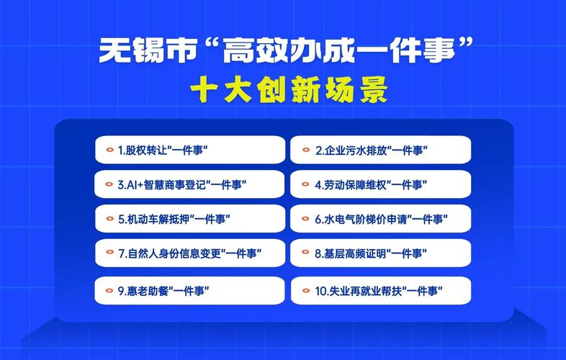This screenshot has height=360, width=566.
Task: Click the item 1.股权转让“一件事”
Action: coord(190,150)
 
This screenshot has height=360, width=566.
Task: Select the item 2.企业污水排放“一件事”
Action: coord(380,150)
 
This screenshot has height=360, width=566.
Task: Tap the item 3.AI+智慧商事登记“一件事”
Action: coord(190,184)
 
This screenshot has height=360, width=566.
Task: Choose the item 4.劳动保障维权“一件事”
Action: coord(380,184)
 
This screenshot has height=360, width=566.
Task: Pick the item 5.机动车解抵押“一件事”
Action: coord(190,219)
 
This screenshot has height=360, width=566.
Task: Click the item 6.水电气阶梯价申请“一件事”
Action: coord(380,219)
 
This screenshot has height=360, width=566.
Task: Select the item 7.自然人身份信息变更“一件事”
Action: coord(190,253)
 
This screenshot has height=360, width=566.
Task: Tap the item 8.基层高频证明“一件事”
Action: coord(380,253)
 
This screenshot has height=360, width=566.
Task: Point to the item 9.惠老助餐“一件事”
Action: coord(190,291)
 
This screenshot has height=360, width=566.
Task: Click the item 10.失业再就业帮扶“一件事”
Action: coord(380,291)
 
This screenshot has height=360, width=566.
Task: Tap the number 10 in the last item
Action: coord(320,292)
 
